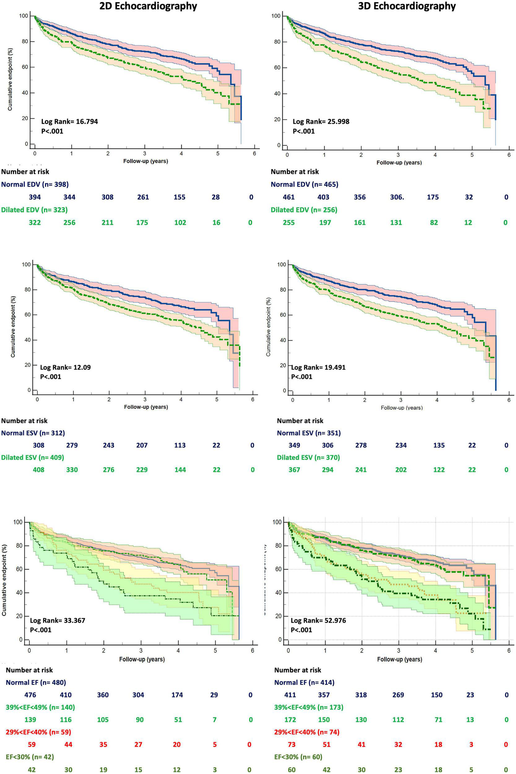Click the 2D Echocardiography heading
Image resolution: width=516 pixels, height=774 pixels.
click(x=148, y=6)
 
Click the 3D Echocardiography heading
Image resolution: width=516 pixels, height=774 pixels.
click(x=407, y=6)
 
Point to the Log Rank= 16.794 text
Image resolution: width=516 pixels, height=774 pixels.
click(x=69, y=122)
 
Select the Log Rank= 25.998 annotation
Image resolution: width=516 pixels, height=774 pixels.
click(x=321, y=122)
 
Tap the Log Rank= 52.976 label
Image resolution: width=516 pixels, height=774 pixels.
click(x=318, y=621)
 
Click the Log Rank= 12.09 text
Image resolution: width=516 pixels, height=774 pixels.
click(x=65, y=367)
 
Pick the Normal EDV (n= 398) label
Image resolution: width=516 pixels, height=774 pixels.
click(x=35, y=184)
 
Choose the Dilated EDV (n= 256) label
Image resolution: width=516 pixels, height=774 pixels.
click(x=304, y=210)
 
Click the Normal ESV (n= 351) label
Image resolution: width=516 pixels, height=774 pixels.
click(x=309, y=433)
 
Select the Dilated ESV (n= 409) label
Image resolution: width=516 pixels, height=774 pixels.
click(x=32, y=458)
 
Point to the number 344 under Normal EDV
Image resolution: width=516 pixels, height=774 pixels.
click(x=69, y=197)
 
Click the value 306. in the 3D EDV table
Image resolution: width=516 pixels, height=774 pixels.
click(x=397, y=197)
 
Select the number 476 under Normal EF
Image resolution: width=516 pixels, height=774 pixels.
click(x=30, y=695)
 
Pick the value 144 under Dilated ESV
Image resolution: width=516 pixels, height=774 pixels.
click(x=180, y=470)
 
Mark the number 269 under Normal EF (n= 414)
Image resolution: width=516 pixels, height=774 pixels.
click(x=398, y=695)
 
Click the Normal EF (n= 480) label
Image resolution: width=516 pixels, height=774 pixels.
click(x=36, y=683)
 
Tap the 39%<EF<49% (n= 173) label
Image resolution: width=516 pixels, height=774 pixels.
click(x=309, y=707)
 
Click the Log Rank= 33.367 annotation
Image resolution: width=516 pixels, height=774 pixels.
click(x=58, y=621)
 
